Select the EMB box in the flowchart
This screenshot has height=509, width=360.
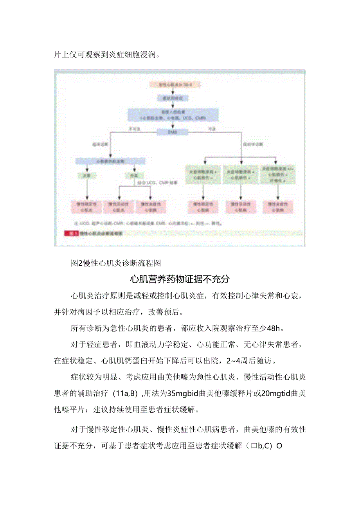173,132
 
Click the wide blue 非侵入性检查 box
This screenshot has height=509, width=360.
173,114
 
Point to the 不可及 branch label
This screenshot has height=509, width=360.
135,128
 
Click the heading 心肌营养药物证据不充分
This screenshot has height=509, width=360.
180,279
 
